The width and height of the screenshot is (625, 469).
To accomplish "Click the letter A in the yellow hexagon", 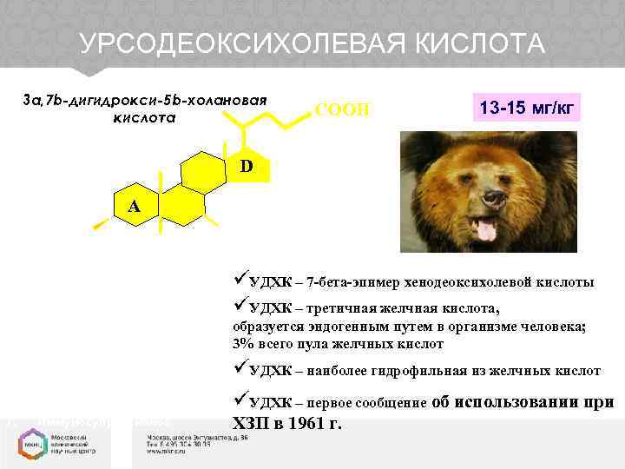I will click(134, 207).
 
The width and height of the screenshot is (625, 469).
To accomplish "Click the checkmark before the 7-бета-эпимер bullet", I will click(240, 281).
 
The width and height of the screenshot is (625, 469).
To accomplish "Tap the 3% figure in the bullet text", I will click(242, 344).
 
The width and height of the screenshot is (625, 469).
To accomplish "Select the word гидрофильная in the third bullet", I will click(411, 371).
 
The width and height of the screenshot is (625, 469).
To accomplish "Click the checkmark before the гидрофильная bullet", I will click(240, 369).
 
